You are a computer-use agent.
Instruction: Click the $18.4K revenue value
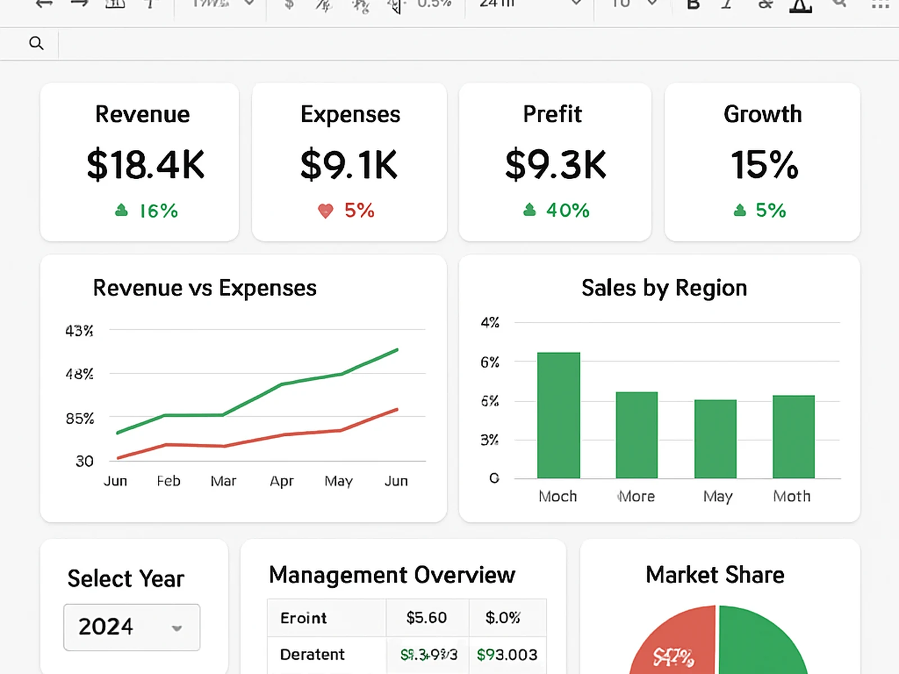tap(146, 165)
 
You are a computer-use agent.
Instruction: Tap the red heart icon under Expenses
tap(325, 211)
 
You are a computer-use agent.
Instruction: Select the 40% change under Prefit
tap(567, 211)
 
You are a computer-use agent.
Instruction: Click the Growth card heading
tap(762, 114)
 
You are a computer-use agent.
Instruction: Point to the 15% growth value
tap(764, 165)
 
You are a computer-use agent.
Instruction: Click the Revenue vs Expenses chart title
tap(205, 288)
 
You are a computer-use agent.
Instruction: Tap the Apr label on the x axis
tap(281, 481)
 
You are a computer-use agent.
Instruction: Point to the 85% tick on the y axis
tap(80, 419)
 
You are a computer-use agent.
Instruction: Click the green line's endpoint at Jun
tap(397, 350)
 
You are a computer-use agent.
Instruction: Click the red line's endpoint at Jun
tap(397, 409)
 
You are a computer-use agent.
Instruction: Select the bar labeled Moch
tap(559, 416)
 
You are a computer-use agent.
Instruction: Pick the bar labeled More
tap(637, 435)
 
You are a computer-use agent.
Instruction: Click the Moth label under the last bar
tap(792, 497)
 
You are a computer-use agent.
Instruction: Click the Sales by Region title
tap(664, 288)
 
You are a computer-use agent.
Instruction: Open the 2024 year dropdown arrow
tap(177, 629)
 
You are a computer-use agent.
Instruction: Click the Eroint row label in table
tap(303, 618)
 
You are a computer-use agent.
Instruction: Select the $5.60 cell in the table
tap(426, 618)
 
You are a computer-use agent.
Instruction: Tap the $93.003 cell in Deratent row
tap(507, 655)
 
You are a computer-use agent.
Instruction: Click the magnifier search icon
tap(36, 43)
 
